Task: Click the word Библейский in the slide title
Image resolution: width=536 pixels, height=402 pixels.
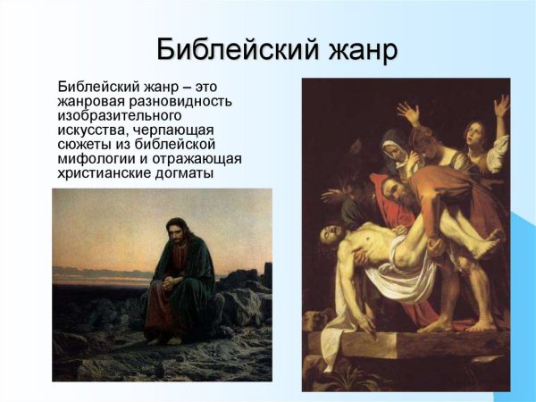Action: pyautogui.click(x=226, y=49)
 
